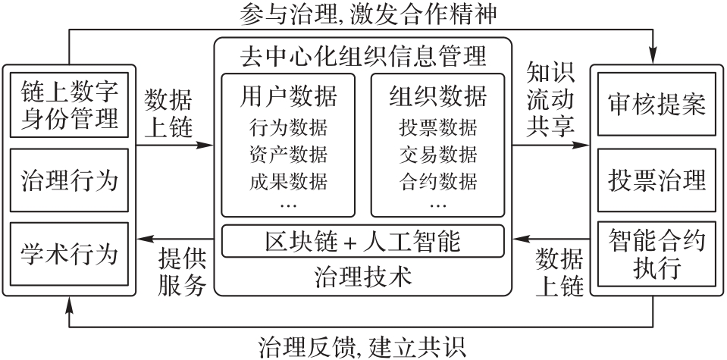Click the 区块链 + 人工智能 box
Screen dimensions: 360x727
363,243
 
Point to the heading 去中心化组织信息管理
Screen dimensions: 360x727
363,55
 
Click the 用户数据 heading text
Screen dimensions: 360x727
288,97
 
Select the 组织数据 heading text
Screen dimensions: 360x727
438,97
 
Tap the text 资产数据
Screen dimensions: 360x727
288,155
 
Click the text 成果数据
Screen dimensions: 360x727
288,182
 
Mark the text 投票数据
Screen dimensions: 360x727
438,127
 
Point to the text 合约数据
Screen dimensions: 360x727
438,182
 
